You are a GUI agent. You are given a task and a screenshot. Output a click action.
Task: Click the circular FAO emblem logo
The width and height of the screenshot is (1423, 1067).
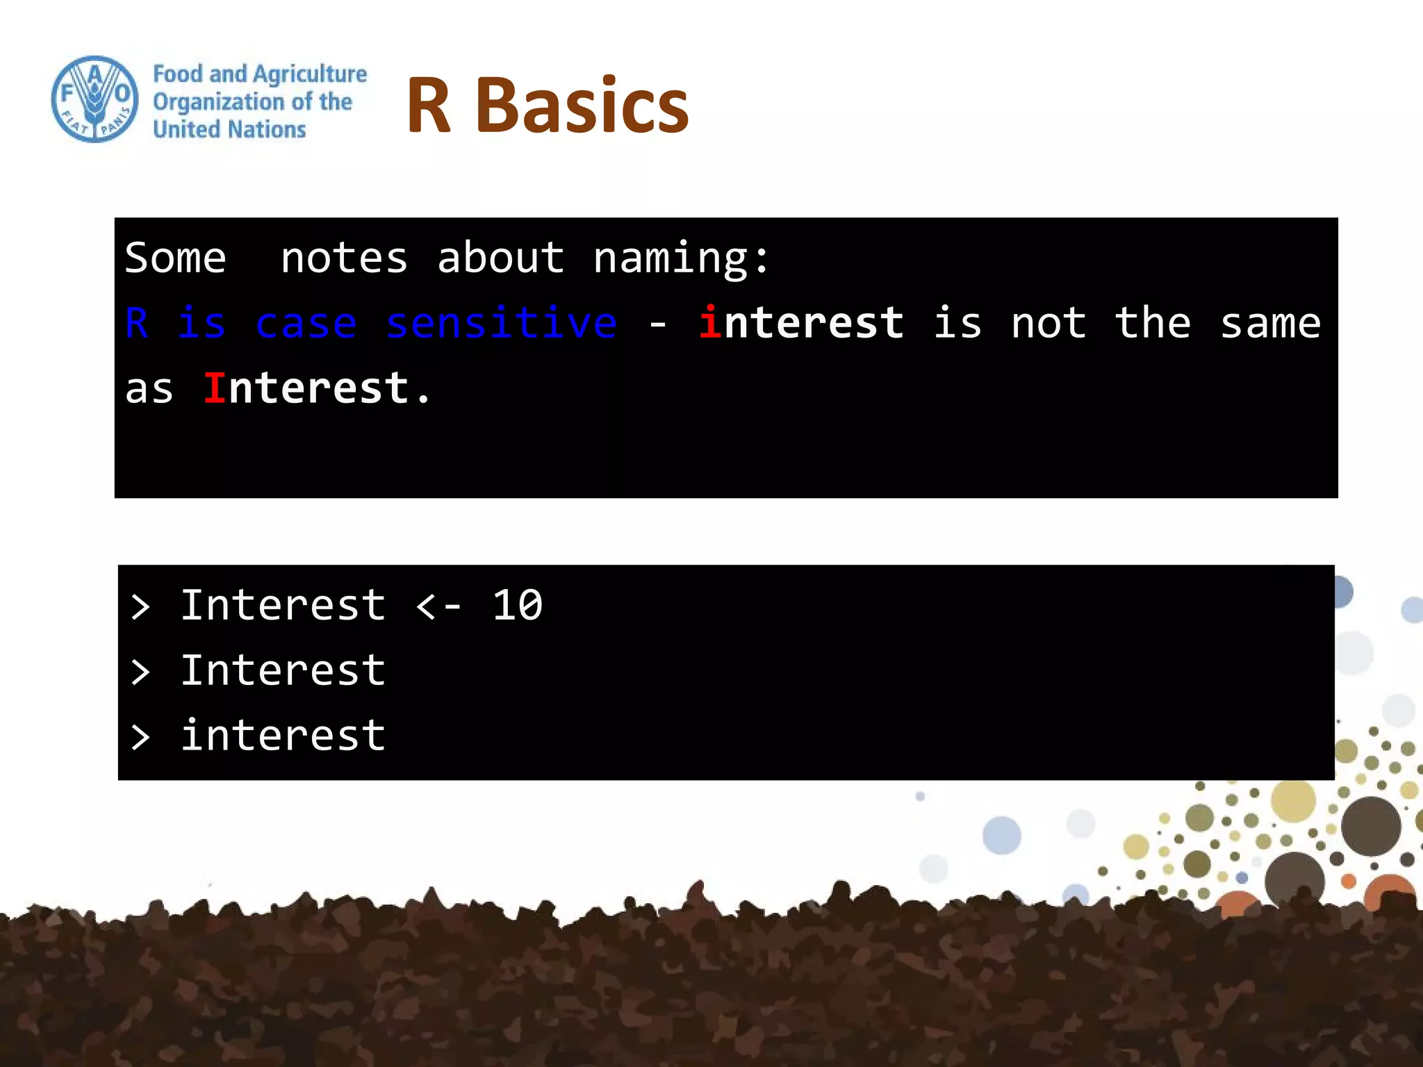(x=95, y=99)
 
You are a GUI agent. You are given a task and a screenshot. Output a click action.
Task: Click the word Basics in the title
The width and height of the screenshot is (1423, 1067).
(x=582, y=106)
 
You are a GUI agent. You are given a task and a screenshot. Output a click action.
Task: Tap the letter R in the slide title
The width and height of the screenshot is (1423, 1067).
(x=429, y=106)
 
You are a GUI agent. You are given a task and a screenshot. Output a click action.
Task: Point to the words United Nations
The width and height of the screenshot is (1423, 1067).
(x=229, y=130)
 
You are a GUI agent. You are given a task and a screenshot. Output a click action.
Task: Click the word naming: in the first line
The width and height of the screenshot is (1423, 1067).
(x=681, y=258)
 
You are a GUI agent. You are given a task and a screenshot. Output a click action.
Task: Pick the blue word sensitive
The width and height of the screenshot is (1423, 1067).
(x=501, y=323)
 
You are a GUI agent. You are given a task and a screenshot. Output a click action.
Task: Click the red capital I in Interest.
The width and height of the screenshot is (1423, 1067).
(x=214, y=388)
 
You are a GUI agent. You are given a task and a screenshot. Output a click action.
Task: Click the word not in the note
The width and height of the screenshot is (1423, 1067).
(x=1048, y=323)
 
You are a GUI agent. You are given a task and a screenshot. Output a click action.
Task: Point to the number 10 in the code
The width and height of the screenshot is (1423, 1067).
(x=517, y=605)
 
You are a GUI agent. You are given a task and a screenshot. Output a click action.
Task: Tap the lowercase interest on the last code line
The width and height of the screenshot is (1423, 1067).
(x=283, y=735)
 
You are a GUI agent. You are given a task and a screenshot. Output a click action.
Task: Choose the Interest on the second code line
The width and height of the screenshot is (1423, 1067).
(x=283, y=670)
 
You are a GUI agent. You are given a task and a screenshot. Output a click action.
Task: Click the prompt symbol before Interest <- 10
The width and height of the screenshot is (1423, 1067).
(x=140, y=607)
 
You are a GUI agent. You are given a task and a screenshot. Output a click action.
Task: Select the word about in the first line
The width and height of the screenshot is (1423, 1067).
(x=500, y=258)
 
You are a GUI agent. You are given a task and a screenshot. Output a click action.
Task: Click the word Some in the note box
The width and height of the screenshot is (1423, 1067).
(x=175, y=258)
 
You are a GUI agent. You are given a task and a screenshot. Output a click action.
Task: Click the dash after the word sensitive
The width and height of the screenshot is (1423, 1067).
(x=657, y=324)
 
